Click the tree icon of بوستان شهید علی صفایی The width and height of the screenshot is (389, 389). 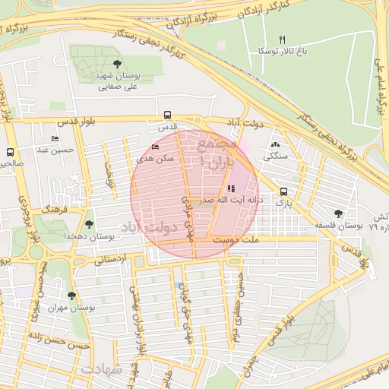coord(116,65)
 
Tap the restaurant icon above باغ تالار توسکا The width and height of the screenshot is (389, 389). coord(282,40)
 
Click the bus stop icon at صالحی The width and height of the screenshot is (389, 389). coord(10,152)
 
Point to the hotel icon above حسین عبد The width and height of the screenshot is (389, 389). coord(55,138)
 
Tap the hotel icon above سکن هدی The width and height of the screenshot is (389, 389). coord(156,147)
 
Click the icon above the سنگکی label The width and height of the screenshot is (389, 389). coord(274,144)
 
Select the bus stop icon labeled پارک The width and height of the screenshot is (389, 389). coord(283,192)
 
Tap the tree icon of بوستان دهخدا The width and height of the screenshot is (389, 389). coord(90,224)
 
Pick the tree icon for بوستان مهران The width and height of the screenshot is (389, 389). coord(71,296)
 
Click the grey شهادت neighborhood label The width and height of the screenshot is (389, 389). coord(101,368)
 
